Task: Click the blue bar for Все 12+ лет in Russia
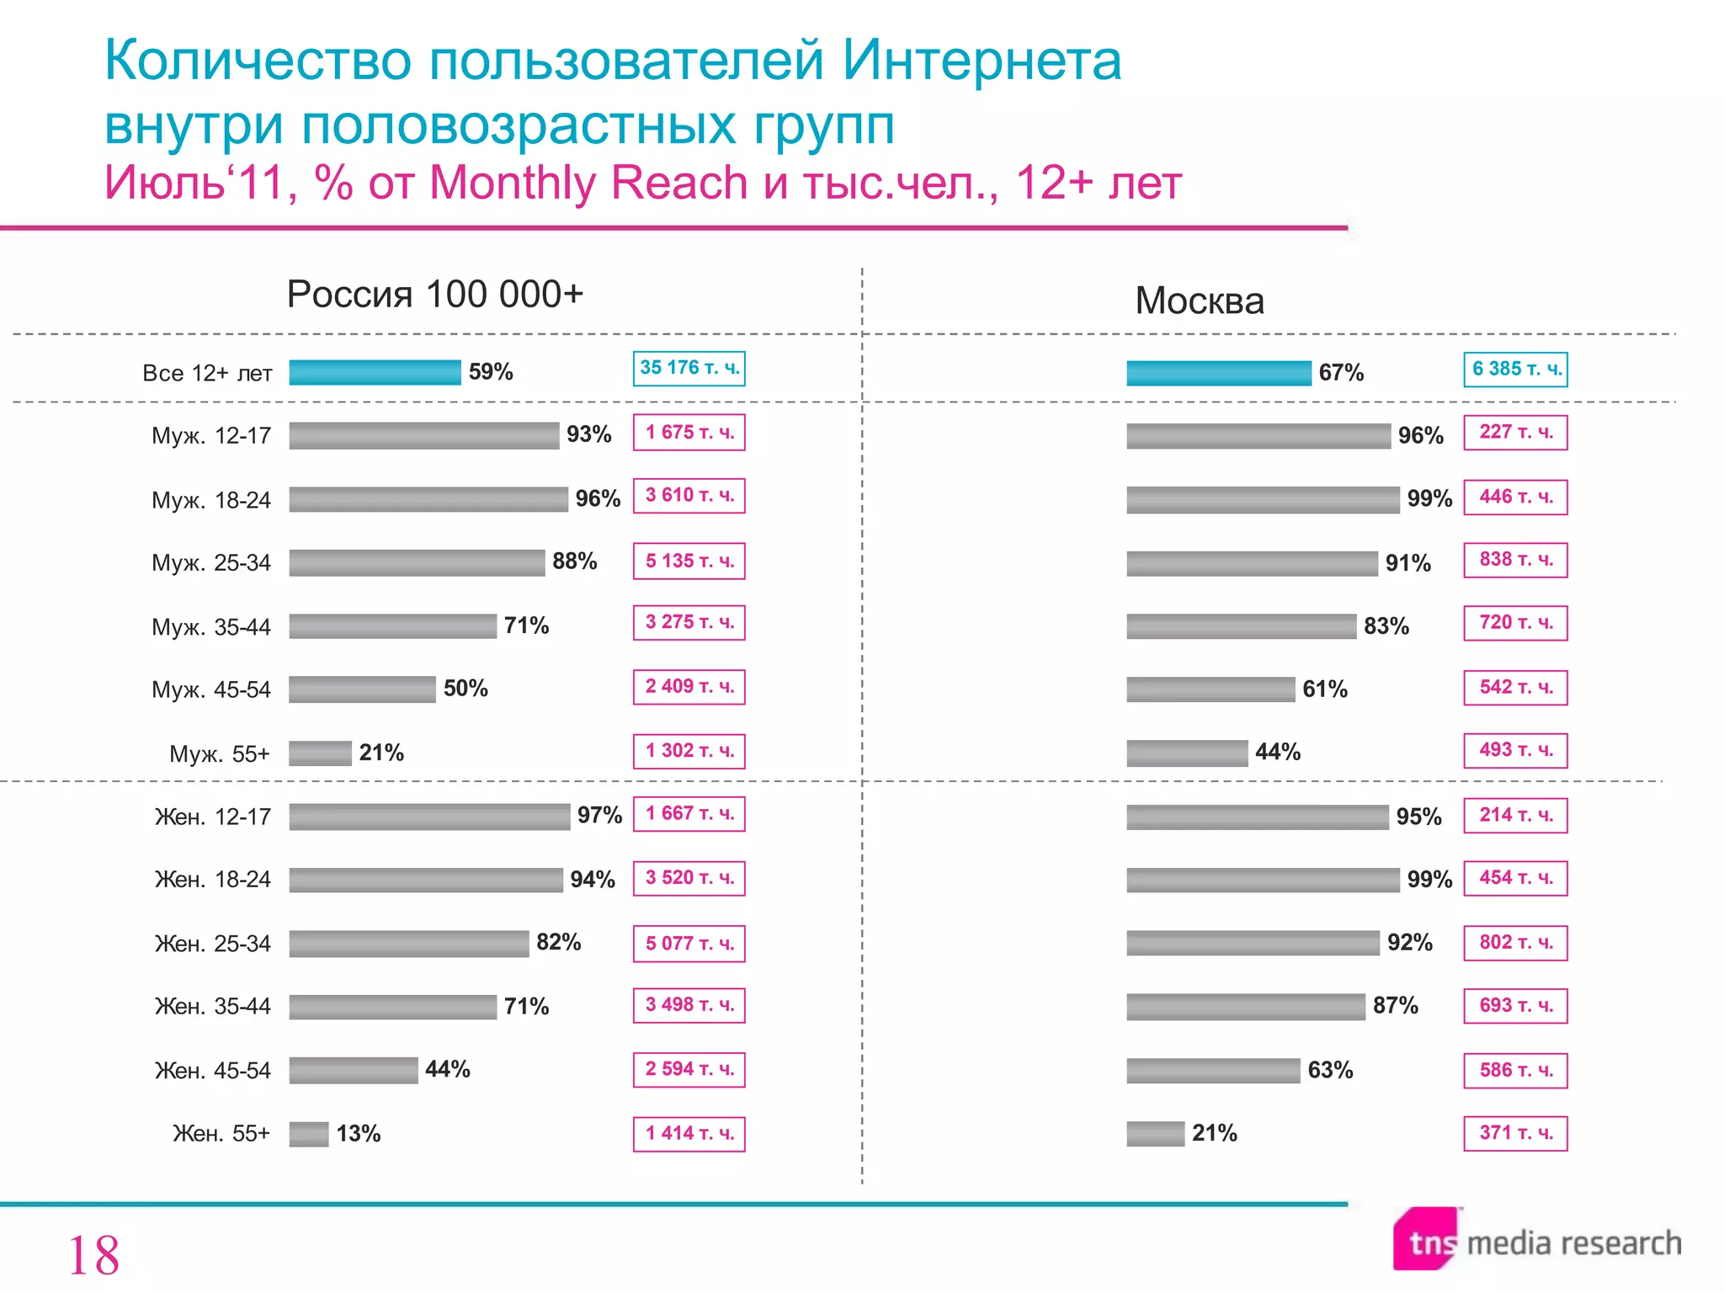coord(375,372)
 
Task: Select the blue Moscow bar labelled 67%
coord(1218,373)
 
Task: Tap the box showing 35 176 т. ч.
coord(689,368)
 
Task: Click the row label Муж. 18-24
coord(210,500)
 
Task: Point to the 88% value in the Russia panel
coord(574,561)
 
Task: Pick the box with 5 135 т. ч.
coord(689,561)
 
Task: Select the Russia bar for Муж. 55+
coord(320,753)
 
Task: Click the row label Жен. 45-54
coord(212,1071)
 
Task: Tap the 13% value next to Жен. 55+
coord(358,1134)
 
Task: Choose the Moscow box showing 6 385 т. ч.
coord(1515,370)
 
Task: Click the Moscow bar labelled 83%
coord(1241,626)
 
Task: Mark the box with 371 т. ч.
coord(1515,1133)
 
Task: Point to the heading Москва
coord(1199,301)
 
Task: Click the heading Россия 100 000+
coord(434,295)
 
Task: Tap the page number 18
coord(93,1255)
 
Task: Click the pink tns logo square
coord(1424,1238)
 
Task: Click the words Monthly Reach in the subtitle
coord(588,183)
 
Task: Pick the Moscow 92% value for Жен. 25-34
coord(1409,942)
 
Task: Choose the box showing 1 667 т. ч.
coord(689,814)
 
